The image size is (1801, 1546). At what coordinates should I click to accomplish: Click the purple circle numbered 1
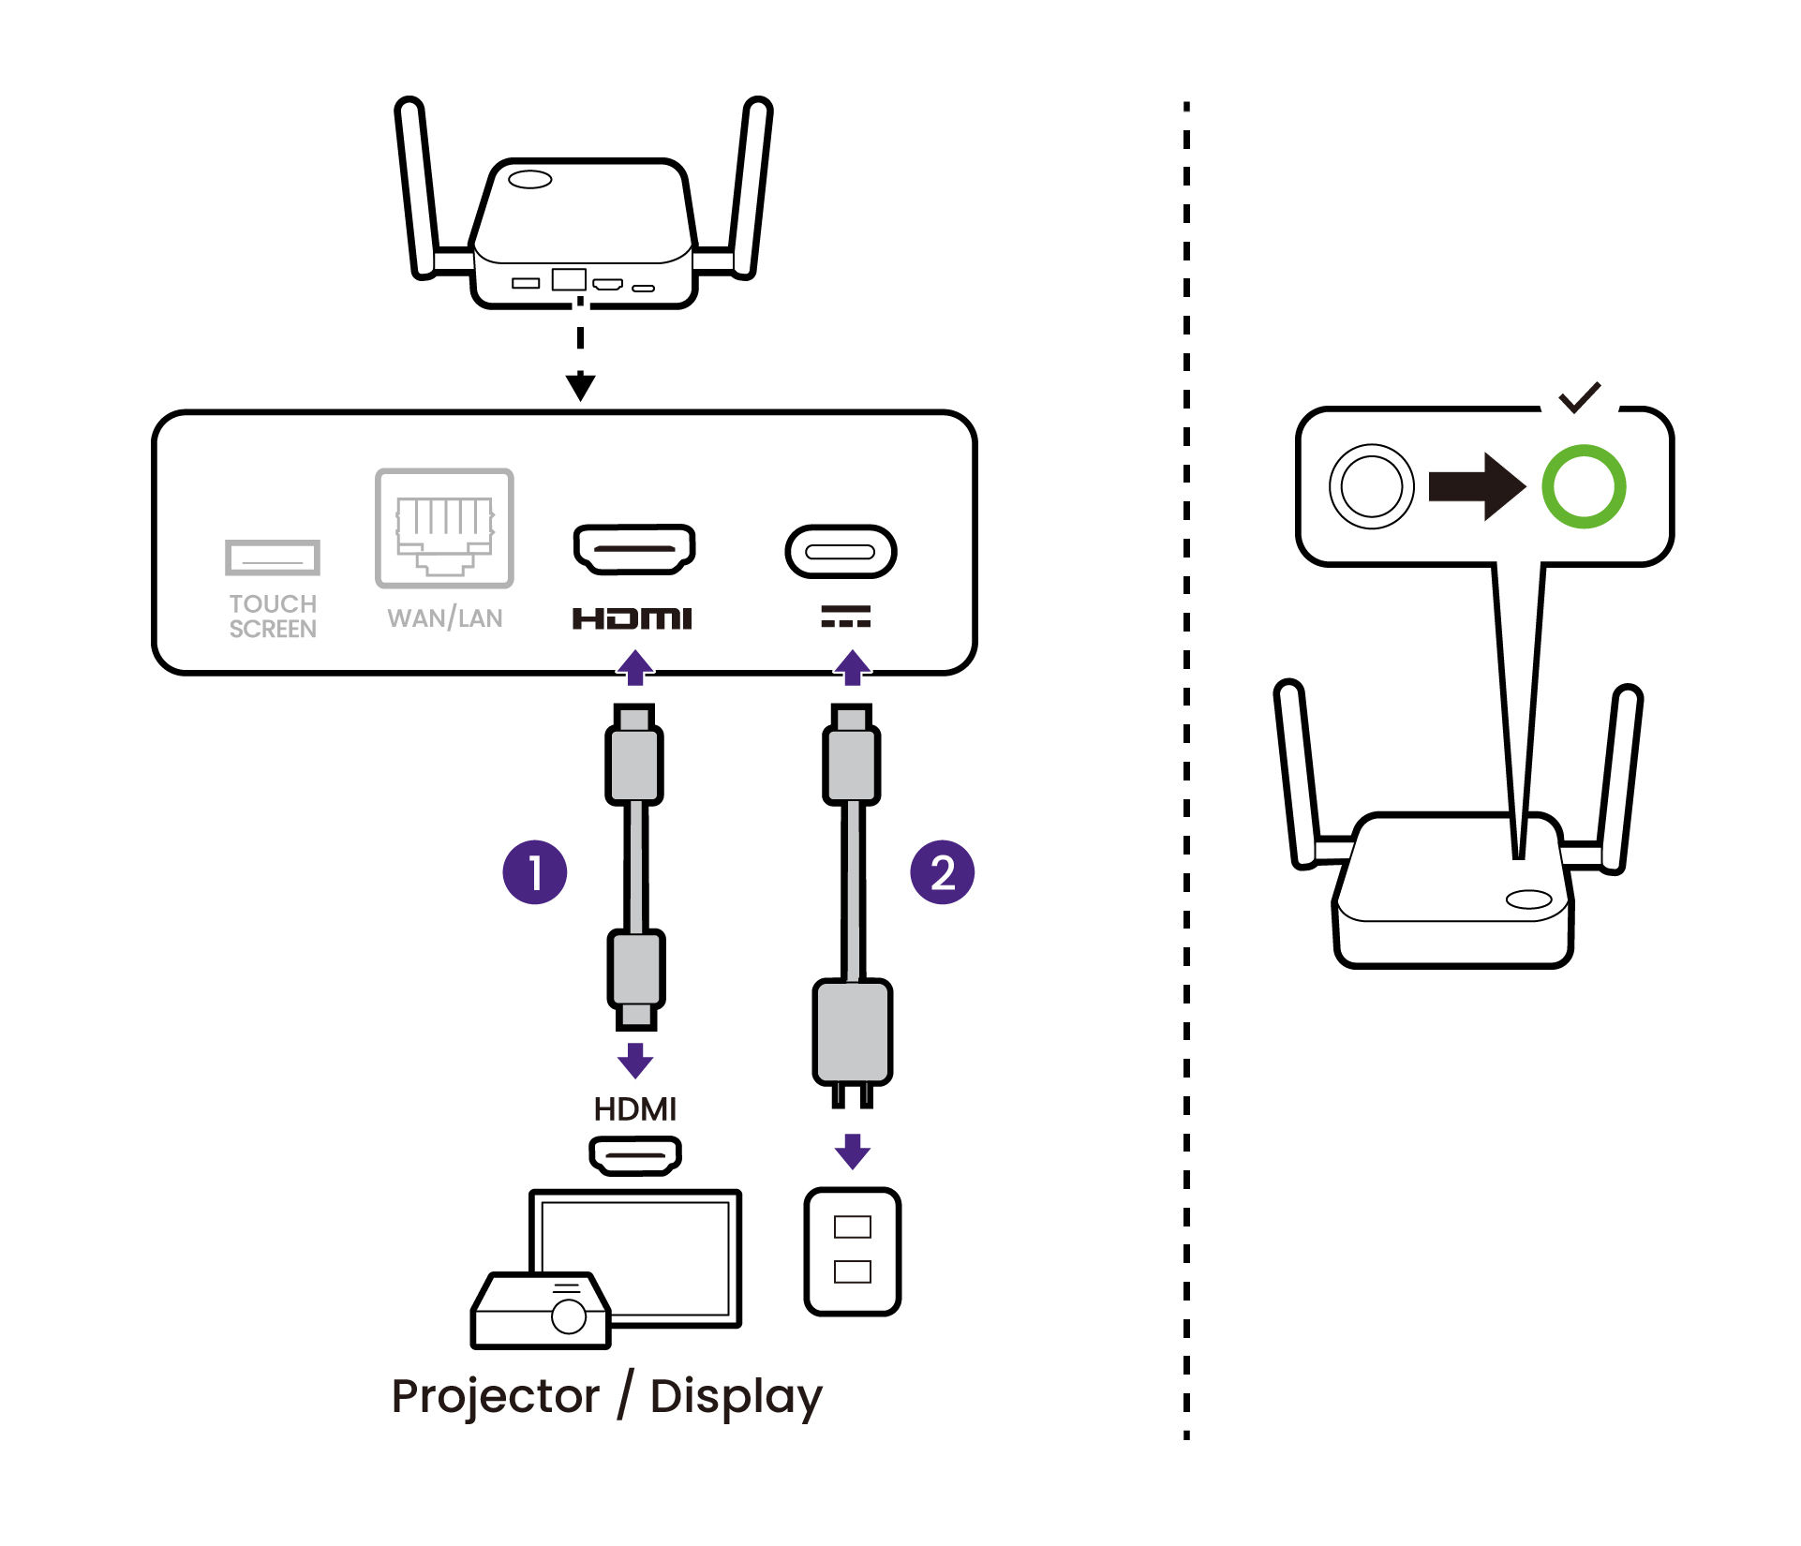(x=534, y=872)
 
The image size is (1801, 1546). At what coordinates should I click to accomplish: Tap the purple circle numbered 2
(x=942, y=872)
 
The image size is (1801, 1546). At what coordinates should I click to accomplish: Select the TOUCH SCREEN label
(x=273, y=616)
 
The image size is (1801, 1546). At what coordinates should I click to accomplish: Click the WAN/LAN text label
(x=445, y=618)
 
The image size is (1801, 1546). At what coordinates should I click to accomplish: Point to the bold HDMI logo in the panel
(x=633, y=618)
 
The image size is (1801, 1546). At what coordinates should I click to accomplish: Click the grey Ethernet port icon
(x=445, y=528)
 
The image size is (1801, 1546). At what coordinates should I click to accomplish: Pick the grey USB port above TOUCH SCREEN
(x=273, y=557)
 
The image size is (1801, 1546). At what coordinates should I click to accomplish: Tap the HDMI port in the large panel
(x=634, y=548)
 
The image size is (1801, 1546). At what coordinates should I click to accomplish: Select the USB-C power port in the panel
(x=841, y=551)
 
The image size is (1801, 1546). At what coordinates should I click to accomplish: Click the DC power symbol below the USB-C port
(x=845, y=616)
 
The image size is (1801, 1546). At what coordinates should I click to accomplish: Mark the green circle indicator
(x=1584, y=486)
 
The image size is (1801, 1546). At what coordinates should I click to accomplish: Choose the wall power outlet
(x=852, y=1251)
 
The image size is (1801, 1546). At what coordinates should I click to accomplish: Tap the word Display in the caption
(x=736, y=1397)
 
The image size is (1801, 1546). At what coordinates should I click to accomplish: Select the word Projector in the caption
(x=496, y=1397)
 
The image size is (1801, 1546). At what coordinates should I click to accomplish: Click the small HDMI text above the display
(x=634, y=1109)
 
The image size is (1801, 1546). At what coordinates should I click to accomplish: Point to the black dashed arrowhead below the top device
(x=581, y=385)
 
